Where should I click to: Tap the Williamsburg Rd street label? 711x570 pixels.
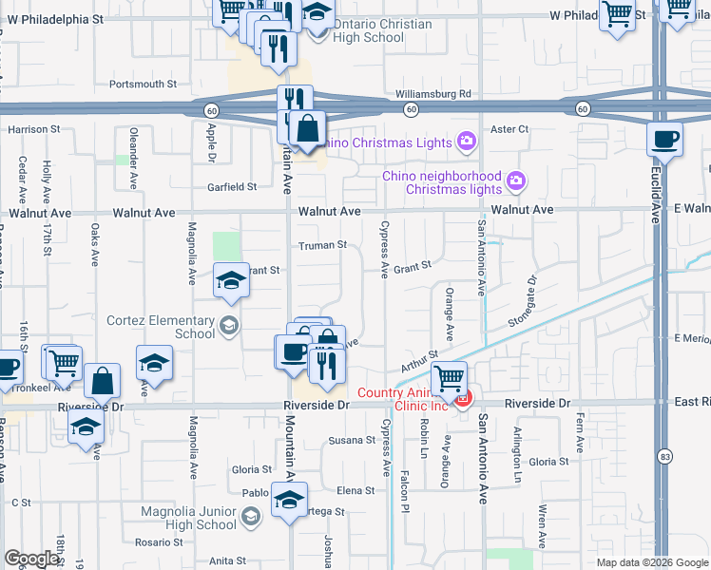pos(433,94)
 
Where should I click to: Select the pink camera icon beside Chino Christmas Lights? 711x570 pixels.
pos(466,142)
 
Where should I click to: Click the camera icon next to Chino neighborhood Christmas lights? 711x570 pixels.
pos(516,180)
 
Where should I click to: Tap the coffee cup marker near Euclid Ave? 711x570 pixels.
pos(664,139)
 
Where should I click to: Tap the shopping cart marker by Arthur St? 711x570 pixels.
pos(449,378)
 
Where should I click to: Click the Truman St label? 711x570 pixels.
pos(323,245)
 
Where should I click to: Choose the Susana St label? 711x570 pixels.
pos(352,440)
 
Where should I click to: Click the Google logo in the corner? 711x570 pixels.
pos(32,558)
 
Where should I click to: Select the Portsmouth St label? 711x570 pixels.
pos(144,84)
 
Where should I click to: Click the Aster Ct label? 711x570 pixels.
pos(509,128)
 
